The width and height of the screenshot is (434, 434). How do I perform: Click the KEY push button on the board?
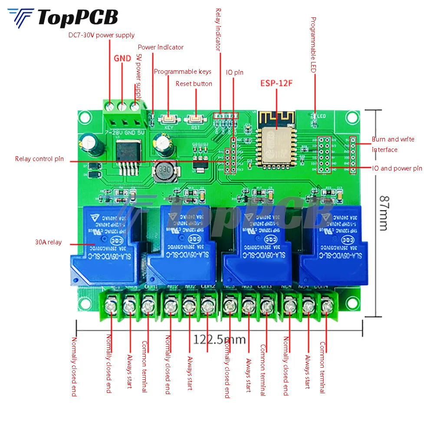[x=169, y=118]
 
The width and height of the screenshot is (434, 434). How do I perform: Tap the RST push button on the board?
[x=194, y=118]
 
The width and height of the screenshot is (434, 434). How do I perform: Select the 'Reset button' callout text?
[x=194, y=83]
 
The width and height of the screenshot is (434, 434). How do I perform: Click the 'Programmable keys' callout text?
[x=182, y=72]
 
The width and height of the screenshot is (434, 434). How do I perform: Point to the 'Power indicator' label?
[x=161, y=47]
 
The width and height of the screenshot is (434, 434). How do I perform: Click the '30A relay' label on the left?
[x=48, y=242]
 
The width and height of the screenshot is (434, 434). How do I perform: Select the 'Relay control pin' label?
[x=39, y=159]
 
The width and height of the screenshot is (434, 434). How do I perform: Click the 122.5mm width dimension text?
[x=220, y=339]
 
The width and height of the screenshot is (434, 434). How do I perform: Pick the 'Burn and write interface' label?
[x=393, y=144]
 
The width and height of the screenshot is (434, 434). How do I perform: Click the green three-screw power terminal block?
[x=124, y=112]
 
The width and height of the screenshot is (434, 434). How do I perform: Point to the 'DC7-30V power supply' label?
[x=102, y=35]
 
